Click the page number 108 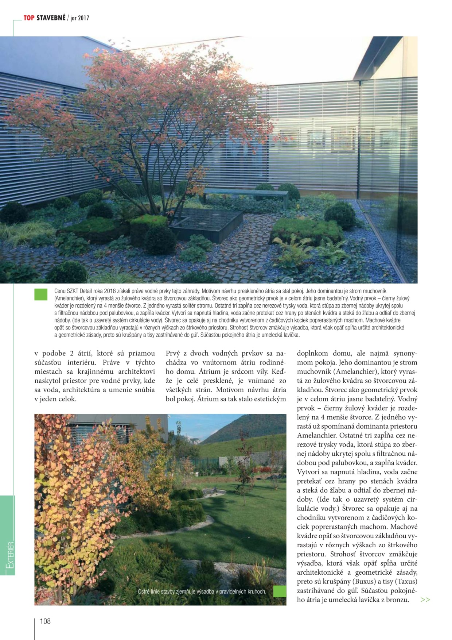(45, 621)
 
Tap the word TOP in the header (29, 18)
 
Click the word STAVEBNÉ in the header (51, 18)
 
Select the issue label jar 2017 (80, 18)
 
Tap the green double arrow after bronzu (425, 599)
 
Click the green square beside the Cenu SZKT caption (41, 294)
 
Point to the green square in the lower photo (280, 591)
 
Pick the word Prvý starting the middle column (174, 353)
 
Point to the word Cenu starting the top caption (61, 291)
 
